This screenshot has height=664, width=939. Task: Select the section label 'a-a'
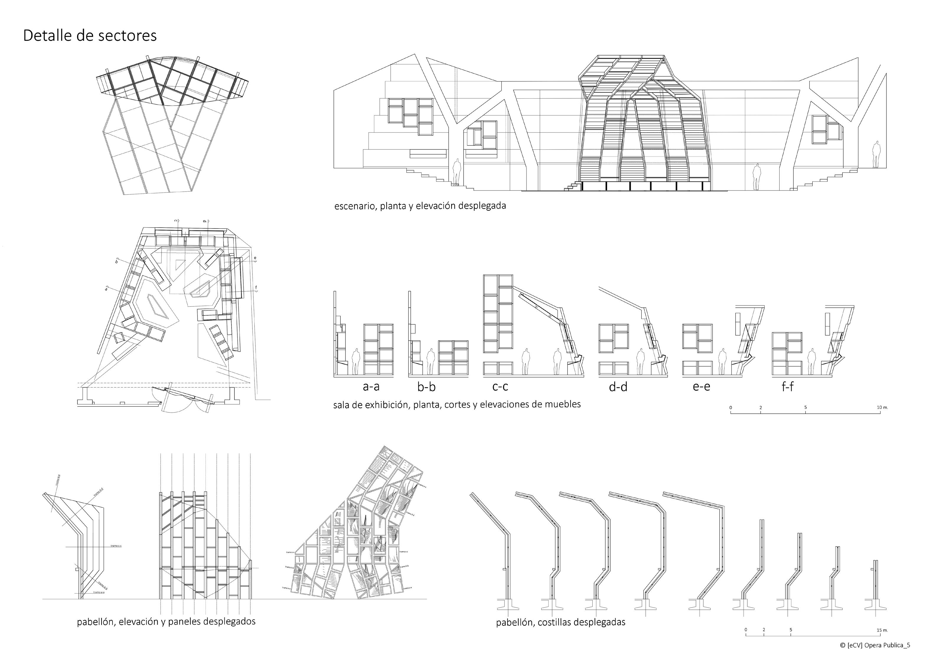(x=371, y=386)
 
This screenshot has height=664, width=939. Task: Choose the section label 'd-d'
(x=618, y=386)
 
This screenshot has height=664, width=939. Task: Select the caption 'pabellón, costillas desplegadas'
(x=560, y=622)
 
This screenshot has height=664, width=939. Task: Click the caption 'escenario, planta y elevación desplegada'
(x=420, y=206)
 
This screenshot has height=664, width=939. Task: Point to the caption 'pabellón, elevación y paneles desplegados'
(x=166, y=621)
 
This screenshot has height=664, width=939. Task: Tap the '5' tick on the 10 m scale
(x=805, y=408)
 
